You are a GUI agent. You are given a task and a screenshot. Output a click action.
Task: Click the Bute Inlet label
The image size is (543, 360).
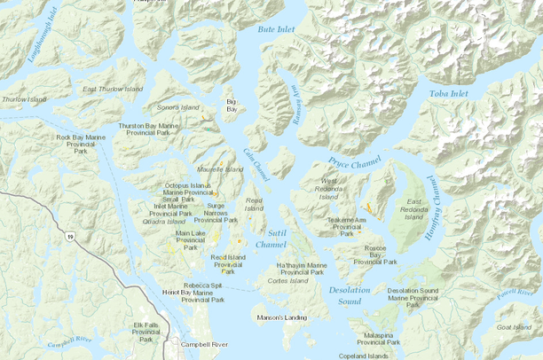[x=276, y=29]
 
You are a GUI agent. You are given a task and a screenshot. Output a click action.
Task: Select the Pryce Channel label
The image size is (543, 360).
[x=353, y=163]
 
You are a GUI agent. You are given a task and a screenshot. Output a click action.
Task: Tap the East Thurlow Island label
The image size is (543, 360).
[x=113, y=90]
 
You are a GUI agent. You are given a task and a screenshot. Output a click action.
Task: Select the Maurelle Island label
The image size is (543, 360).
[x=220, y=168]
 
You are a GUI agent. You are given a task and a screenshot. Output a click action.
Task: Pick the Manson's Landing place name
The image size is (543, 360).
[x=281, y=317]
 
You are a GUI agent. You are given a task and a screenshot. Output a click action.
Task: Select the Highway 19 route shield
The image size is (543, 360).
[x=68, y=236]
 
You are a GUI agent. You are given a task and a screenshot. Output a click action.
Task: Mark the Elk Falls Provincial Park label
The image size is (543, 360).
[x=146, y=331]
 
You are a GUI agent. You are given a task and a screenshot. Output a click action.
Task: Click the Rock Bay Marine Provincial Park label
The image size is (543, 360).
[x=81, y=144]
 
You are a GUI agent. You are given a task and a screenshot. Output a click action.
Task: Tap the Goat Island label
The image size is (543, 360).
[x=514, y=327]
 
